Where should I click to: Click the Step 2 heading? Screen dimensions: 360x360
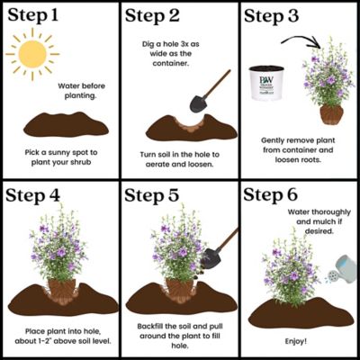pos(157,15)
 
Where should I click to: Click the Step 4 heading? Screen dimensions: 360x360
pos(38,195)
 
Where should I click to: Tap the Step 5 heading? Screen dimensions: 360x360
pos(157,195)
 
